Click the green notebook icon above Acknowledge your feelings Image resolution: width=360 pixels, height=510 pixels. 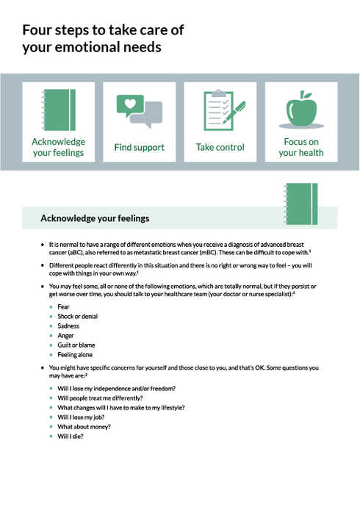(59, 109)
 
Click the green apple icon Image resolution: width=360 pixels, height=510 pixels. (301, 110)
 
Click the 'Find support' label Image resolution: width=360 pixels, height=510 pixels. (139, 148)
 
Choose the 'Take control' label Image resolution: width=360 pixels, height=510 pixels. (220, 148)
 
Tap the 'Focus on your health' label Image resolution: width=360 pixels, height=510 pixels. (301, 147)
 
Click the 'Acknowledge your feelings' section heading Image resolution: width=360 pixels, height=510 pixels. (95, 218)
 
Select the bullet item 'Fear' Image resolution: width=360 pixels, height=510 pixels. (63, 306)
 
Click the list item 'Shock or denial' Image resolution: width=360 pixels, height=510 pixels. (77, 316)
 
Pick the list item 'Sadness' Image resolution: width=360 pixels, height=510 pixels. (68, 326)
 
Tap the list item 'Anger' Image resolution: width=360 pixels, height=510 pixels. (65, 335)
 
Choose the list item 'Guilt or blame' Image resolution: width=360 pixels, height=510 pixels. (76, 345)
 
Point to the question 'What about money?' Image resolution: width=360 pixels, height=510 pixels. (84, 426)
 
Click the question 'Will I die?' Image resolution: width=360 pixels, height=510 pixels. (71, 436)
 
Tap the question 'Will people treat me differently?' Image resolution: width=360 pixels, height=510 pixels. (100, 398)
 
